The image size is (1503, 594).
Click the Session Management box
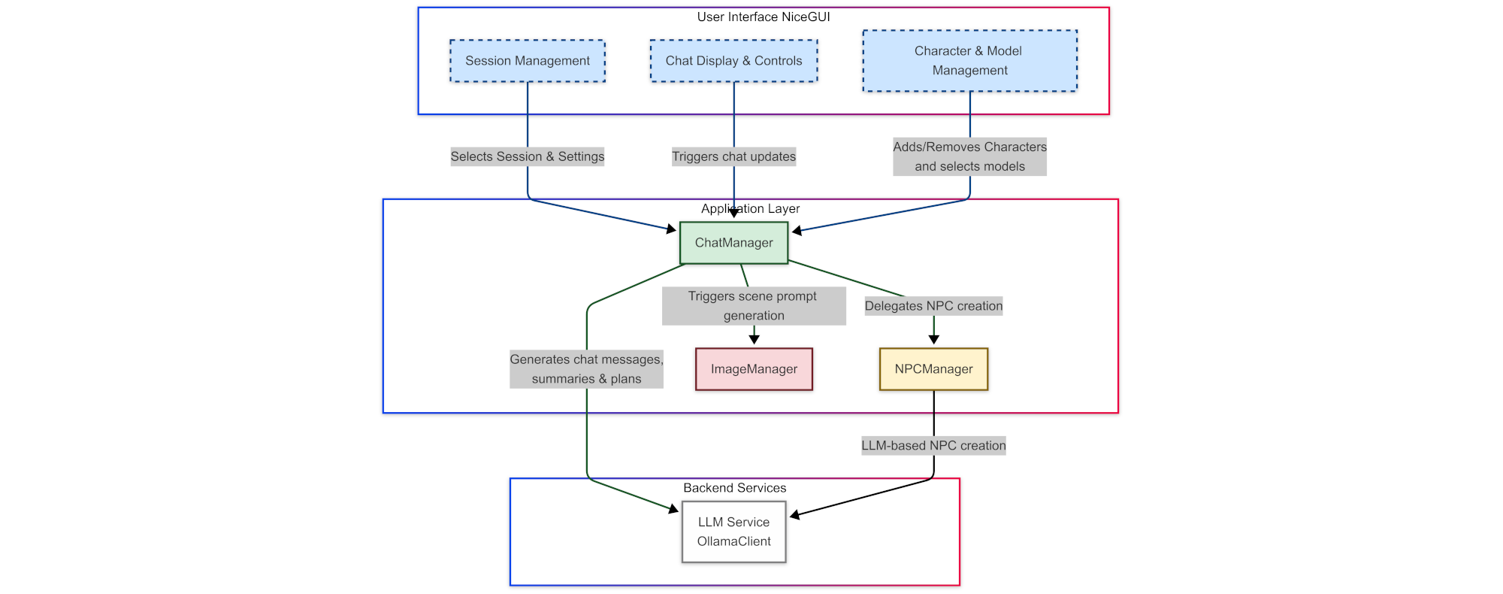click(528, 61)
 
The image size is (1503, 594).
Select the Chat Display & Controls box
click(733, 61)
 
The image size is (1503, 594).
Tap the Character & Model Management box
click(969, 61)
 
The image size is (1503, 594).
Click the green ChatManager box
click(733, 243)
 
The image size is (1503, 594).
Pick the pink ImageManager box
click(754, 369)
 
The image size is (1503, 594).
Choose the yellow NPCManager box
click(933, 369)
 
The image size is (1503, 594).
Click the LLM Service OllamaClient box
click(733, 532)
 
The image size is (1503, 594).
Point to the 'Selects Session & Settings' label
click(528, 156)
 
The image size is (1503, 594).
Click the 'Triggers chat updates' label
click(733, 156)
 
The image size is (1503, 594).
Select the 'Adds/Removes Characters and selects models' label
click(969, 156)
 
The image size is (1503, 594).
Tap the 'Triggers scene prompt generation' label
click(754, 306)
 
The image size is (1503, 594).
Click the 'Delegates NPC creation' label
click(933, 306)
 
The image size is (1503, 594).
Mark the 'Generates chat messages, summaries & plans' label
click(586, 369)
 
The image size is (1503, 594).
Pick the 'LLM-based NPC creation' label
click(933, 446)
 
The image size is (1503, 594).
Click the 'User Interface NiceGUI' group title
click(764, 17)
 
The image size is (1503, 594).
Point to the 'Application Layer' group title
click(750, 209)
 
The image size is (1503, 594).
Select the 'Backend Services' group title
click(734, 488)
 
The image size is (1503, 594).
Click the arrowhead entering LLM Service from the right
click(794, 515)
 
